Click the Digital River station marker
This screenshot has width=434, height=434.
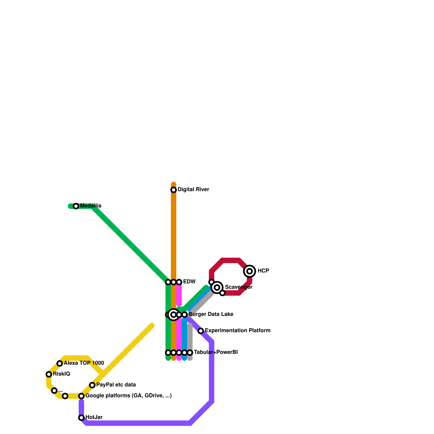(x=174, y=190)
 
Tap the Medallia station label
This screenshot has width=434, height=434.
(x=91, y=206)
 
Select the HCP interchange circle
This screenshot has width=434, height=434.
(x=250, y=271)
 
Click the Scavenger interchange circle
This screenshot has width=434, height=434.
(x=217, y=288)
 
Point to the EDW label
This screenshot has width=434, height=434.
(x=189, y=282)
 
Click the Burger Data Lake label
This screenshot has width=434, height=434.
(x=211, y=314)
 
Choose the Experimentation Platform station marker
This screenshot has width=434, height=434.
(x=201, y=331)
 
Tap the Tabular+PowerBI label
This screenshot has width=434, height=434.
(x=216, y=352)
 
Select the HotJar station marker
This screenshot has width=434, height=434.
(x=81, y=418)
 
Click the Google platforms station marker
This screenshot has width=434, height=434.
(x=81, y=396)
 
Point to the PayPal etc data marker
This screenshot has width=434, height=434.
(x=92, y=385)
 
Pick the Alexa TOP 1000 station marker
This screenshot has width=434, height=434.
(x=60, y=363)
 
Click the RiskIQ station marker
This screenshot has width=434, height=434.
(x=49, y=374)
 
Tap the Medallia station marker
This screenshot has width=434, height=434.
(x=76, y=206)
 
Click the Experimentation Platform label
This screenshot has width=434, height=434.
(x=237, y=331)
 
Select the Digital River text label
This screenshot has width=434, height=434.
(x=193, y=190)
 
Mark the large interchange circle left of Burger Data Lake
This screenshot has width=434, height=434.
(x=174, y=315)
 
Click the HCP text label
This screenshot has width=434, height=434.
(x=263, y=271)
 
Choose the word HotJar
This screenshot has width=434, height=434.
(x=94, y=417)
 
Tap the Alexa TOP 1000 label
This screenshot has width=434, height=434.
(x=84, y=363)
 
